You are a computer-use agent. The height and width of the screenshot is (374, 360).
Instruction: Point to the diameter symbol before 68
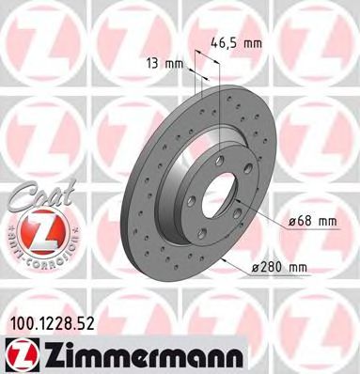[291, 221]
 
